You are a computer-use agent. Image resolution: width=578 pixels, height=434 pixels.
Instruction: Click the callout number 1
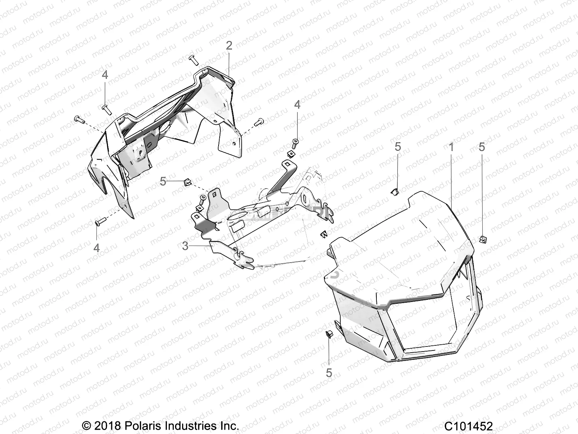451,147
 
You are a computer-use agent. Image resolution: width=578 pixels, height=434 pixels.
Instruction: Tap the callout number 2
229,46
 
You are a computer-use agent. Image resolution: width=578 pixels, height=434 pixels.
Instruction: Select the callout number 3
185,246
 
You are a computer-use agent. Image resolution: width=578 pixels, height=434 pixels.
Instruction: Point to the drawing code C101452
468,425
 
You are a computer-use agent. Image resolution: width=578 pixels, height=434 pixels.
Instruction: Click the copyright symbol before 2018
86,425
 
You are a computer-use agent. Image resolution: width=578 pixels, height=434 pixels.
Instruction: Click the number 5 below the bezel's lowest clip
329,372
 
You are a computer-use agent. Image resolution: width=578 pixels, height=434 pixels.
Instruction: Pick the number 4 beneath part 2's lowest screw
96,248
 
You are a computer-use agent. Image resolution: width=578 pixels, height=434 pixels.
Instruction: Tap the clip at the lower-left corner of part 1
329,333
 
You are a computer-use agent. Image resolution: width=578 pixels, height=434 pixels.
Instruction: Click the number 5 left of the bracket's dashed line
163,181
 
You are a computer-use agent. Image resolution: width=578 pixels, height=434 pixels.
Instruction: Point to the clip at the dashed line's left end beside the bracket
187,182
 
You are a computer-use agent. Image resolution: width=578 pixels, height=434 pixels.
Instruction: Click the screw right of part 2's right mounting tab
259,123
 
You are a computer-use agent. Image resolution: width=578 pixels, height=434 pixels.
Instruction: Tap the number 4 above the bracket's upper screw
297,105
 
